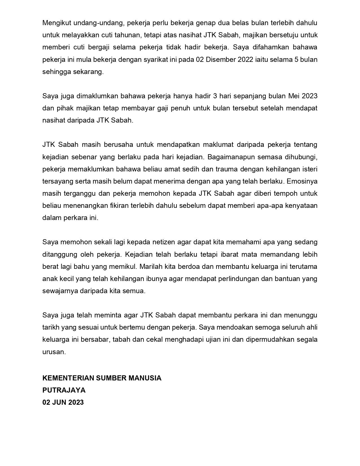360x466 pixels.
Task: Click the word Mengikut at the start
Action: (x=55, y=23)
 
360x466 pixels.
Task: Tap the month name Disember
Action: (x=222, y=60)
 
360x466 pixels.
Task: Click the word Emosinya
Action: (x=302, y=181)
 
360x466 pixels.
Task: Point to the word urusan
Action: (x=54, y=352)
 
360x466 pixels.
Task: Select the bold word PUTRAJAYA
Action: (x=64, y=390)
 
